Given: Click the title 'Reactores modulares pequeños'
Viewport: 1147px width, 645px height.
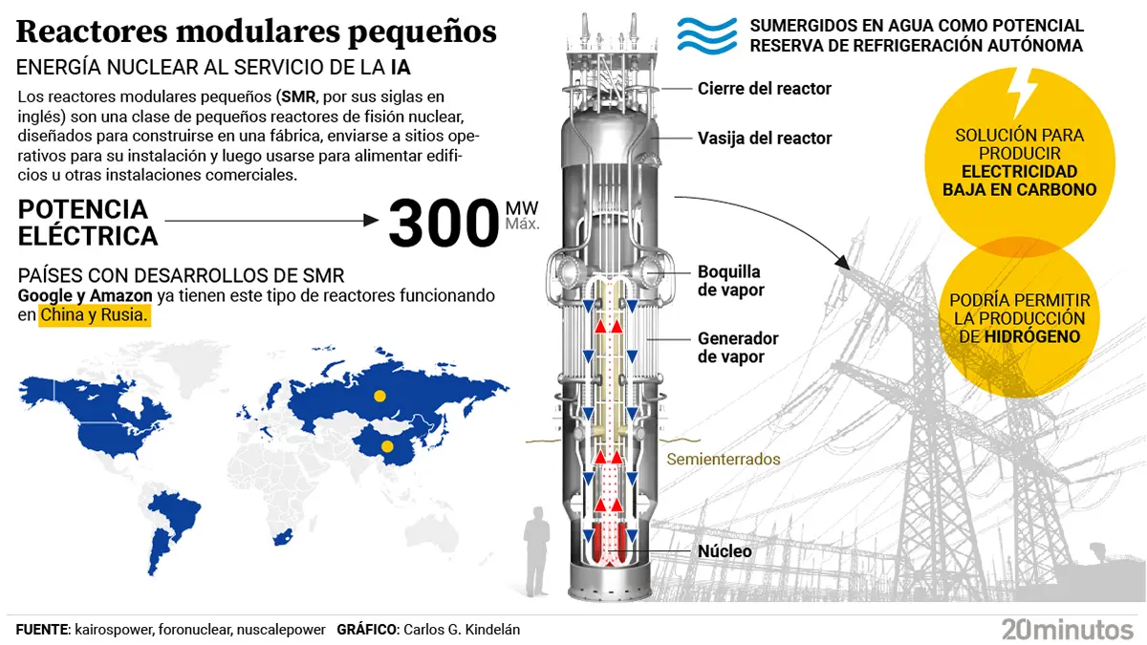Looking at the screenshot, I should tap(256, 32).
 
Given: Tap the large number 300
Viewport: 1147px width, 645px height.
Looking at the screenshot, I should tap(443, 223).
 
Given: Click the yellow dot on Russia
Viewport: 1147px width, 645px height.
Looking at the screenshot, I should tap(379, 396).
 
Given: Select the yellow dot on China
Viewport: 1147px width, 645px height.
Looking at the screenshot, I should tap(387, 446).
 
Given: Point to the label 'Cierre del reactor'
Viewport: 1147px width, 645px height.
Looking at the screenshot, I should tap(764, 89).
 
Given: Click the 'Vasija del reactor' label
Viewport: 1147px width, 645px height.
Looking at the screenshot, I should tap(764, 139).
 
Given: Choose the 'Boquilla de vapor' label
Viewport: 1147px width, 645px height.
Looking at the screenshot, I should tap(730, 280).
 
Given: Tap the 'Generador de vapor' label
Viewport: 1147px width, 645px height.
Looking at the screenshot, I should tap(737, 348).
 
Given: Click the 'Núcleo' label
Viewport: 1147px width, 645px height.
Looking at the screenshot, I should tap(724, 551).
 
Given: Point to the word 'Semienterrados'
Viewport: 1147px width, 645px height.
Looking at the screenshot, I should tap(723, 460).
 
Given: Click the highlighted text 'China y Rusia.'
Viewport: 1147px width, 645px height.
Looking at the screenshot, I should tap(95, 315).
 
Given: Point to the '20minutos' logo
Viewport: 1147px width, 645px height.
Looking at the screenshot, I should tap(1067, 629).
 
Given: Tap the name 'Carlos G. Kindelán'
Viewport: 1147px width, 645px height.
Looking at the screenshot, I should tap(462, 630).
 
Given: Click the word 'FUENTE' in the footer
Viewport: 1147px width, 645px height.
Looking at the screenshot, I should tap(42, 630).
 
